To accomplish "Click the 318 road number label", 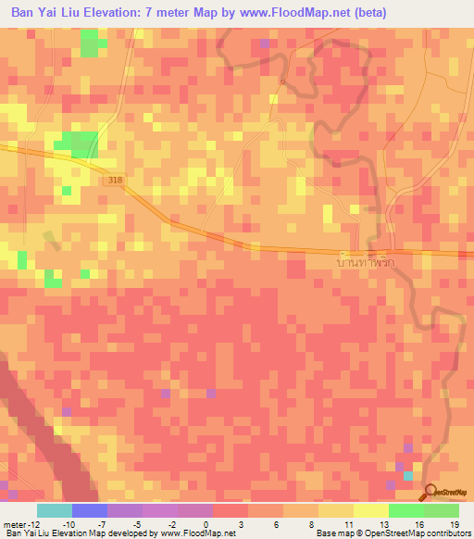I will (114, 180).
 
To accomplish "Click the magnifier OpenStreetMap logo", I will (431, 493).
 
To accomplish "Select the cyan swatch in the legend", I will (55, 510).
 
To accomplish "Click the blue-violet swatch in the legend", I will (90, 510).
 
